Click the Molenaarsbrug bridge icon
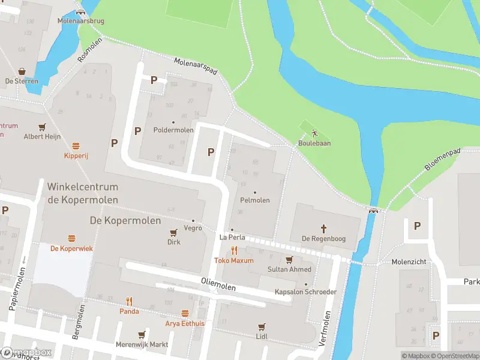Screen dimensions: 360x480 point(80,12)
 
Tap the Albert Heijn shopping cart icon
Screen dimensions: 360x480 point(42,127)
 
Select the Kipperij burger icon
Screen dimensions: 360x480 point(76,146)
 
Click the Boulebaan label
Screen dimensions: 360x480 point(314,143)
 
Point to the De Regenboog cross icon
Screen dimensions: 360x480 point(323,228)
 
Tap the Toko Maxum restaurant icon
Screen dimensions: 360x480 point(234,251)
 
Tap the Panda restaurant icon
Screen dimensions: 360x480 point(129,301)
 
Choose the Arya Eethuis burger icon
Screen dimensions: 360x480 point(185,313)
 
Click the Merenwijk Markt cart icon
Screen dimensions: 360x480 point(142,335)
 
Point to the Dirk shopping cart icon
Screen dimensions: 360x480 point(174,232)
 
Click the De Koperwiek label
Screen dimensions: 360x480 point(71,248)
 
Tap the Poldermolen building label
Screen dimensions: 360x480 point(173,130)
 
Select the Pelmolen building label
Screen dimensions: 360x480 point(255,200)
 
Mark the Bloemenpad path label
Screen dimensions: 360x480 point(443,160)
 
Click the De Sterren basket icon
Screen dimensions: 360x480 point(22,71)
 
